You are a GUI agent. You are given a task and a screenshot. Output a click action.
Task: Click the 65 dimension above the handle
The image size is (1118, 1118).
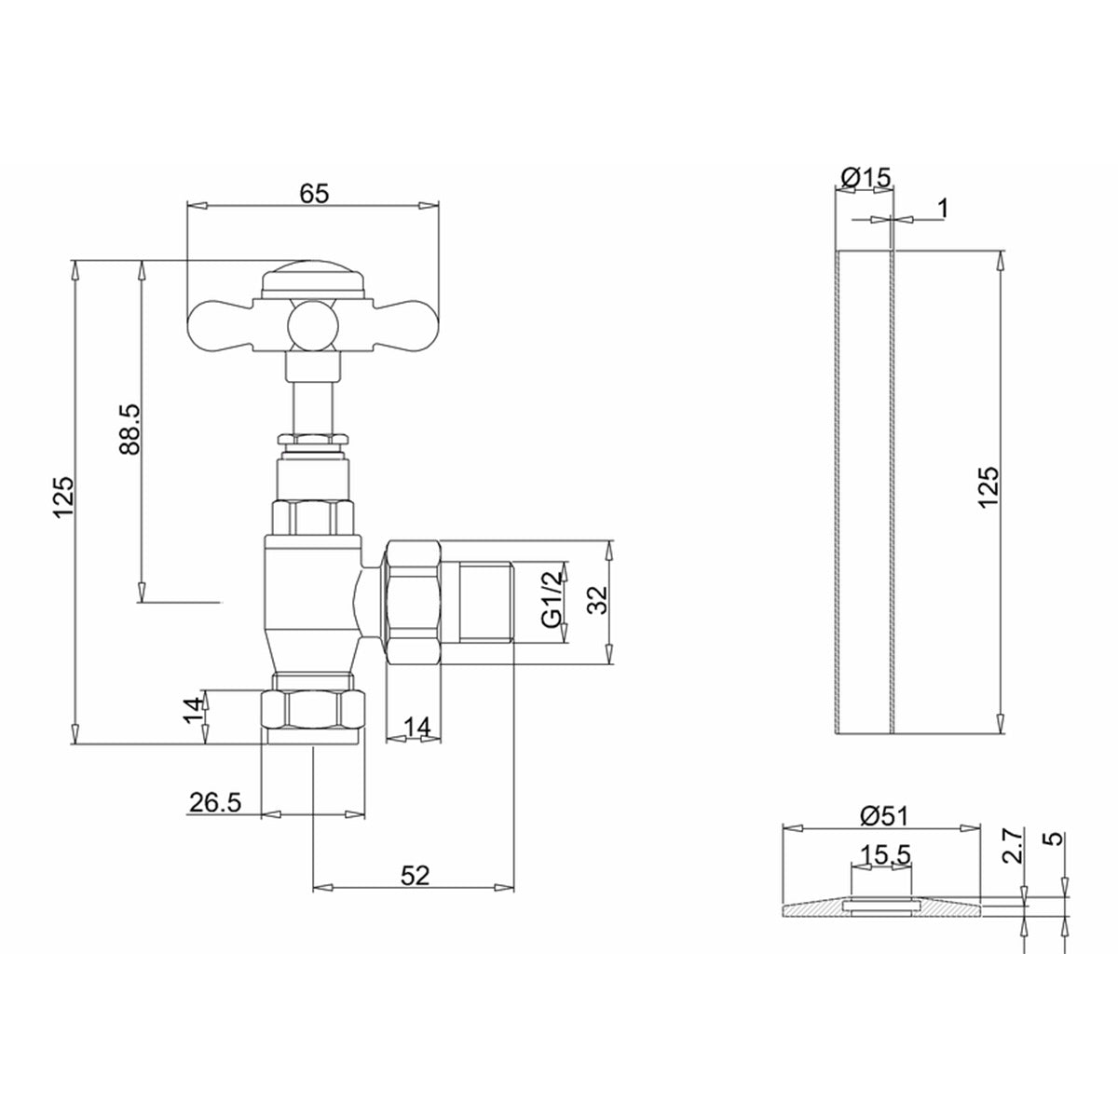click(x=314, y=193)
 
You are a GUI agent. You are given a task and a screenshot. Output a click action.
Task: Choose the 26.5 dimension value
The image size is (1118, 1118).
click(x=214, y=802)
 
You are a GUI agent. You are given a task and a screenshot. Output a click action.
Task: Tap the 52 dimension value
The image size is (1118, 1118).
click(x=415, y=875)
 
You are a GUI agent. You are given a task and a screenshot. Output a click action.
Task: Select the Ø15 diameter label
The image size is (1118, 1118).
click(x=866, y=176)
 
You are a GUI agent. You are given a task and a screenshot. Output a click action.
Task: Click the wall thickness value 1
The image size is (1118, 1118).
click(x=942, y=208)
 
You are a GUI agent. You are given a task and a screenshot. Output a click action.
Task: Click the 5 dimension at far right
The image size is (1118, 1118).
click(x=1055, y=838)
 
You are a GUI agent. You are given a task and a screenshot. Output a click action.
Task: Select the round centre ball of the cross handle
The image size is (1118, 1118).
click(x=311, y=325)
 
